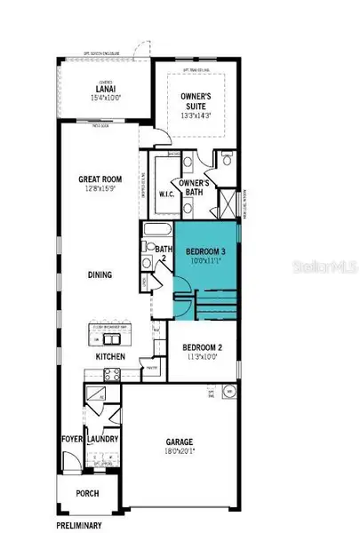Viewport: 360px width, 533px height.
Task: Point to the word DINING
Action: (x=100, y=275)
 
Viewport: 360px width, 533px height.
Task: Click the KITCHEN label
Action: (x=111, y=357)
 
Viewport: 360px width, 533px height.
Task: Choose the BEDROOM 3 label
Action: (x=205, y=252)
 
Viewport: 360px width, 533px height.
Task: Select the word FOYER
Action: (x=72, y=439)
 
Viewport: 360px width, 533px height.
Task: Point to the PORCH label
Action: (x=87, y=494)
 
